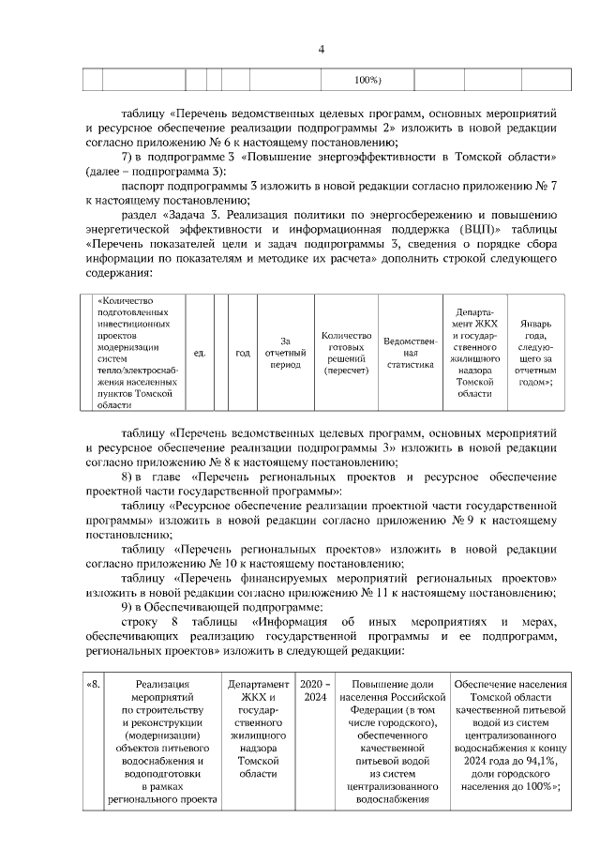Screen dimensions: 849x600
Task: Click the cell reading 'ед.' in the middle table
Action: point(199,352)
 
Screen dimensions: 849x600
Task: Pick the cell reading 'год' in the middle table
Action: point(242,352)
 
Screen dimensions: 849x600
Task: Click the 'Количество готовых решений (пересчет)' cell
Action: point(346,353)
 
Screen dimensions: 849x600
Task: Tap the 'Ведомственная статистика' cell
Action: point(410,353)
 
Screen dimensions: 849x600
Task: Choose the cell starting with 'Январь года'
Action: point(541,353)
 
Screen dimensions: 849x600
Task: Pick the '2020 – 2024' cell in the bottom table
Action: point(313,693)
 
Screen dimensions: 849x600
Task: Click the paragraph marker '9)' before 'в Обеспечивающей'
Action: point(129,607)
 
